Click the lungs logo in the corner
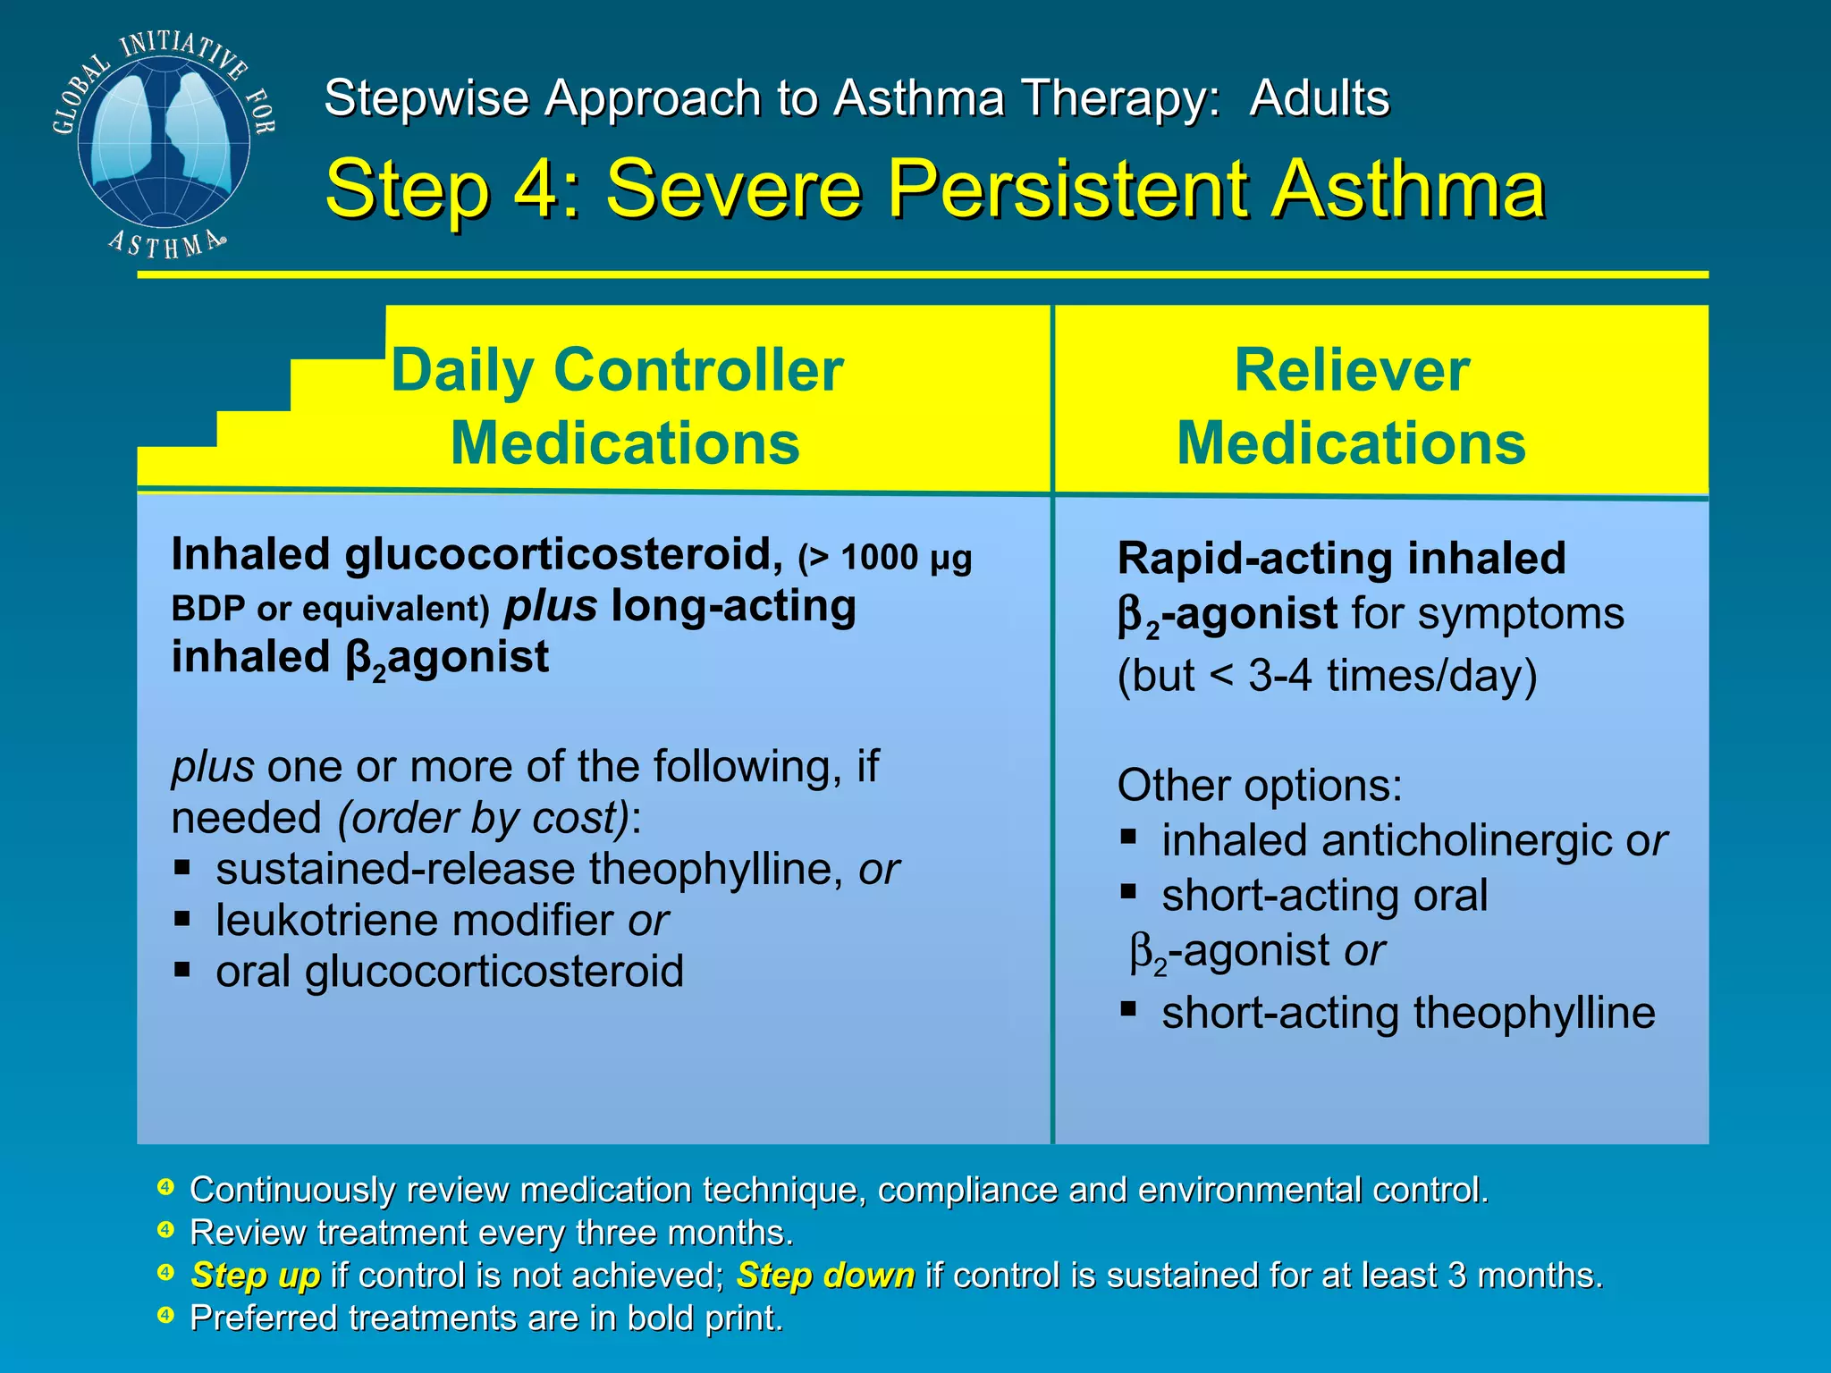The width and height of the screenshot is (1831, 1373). click(164, 143)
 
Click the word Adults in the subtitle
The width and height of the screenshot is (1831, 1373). click(1320, 97)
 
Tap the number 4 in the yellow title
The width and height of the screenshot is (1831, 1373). click(533, 189)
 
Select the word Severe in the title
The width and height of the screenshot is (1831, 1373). click(733, 189)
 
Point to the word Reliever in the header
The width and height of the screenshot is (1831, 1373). click(1352, 370)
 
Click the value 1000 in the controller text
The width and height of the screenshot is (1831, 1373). click(880, 558)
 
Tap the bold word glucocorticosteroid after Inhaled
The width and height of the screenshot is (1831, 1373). click(560, 554)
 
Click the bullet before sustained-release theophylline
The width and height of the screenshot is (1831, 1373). click(182, 866)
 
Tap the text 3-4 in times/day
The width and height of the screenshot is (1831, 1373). click(1280, 676)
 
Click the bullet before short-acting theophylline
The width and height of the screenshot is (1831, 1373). click(1128, 1010)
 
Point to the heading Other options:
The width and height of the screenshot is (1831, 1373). click(1259, 785)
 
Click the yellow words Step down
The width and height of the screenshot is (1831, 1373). click(825, 1275)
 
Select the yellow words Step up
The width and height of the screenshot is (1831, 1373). click(256, 1275)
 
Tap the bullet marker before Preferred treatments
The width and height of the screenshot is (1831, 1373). click(165, 1315)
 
